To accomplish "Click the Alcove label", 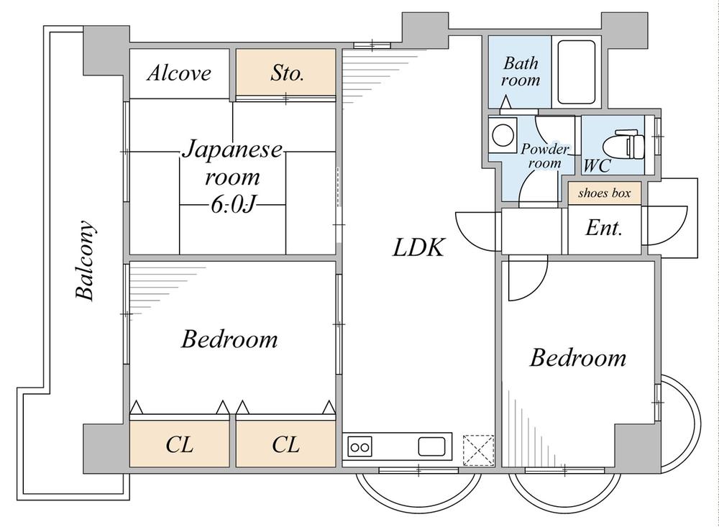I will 180,73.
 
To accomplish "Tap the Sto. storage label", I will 287,73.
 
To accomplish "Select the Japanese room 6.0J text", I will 232,177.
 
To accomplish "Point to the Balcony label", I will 86,260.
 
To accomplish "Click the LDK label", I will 418,248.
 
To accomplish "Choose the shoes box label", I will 604,193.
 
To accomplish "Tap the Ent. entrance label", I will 604,229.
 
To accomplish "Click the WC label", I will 597,166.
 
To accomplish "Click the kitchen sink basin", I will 431,446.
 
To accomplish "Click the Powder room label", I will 544,156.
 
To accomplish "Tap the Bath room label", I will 521,71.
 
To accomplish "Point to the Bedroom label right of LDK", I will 578,358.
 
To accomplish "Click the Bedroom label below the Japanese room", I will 229,339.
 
